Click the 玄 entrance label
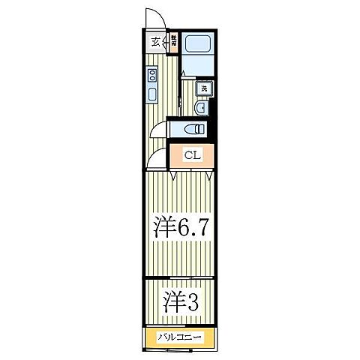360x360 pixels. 155,42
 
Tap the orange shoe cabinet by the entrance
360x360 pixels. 174,41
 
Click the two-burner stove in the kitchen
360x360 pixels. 152,75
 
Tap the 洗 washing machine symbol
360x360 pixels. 202,88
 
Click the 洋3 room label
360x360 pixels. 180,302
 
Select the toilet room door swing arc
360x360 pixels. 158,129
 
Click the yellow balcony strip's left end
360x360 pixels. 148,337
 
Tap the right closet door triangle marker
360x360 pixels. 208,175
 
